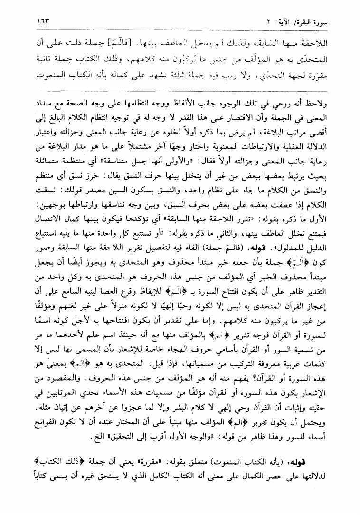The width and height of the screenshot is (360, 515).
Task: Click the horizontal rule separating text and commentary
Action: tap(180, 90)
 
